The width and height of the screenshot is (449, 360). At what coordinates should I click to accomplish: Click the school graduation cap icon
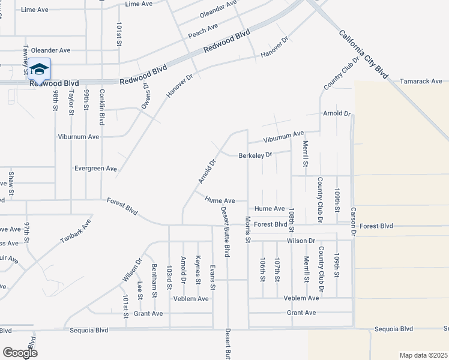tap(39, 70)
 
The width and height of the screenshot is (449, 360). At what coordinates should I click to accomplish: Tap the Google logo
tap(20, 353)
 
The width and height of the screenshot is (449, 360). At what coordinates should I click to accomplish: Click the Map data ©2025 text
tap(423, 355)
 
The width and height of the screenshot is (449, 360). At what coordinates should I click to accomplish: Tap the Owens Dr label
tap(145, 95)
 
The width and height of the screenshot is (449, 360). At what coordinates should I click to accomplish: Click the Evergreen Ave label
tap(95, 169)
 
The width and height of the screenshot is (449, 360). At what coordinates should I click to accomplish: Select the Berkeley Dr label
tap(256, 155)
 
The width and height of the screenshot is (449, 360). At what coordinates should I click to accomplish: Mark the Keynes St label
tap(197, 268)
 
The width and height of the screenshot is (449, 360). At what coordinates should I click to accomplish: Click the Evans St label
tap(212, 277)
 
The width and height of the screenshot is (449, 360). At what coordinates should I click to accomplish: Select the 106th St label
tap(262, 270)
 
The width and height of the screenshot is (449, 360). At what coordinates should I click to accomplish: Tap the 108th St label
tap(291, 220)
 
